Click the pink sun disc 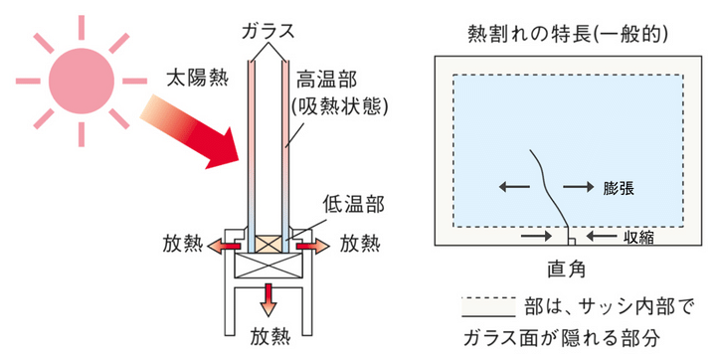coord(82,81)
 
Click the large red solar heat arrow coord(192,132)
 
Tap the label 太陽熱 coord(197,79)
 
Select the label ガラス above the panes coord(268,32)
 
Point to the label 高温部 coord(327,80)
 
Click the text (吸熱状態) coord(340,106)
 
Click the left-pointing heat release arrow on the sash coord(224,247)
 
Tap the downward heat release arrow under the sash coord(268,299)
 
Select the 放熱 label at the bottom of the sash coord(269,337)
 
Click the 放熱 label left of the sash coord(182,245)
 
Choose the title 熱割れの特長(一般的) coord(568,35)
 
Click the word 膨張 coord(619,188)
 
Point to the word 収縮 coord(637,237)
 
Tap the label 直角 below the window coord(566,270)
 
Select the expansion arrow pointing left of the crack coord(514,186)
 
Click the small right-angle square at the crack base coord(571,242)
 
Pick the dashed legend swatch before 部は coord(488,307)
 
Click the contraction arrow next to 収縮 coord(602,237)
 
